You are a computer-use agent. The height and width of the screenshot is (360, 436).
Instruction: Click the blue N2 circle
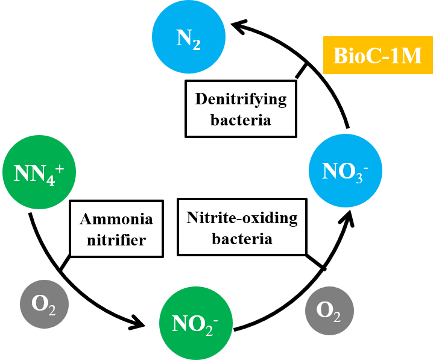[188, 37]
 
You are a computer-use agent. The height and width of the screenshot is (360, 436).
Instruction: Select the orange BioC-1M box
[378, 55]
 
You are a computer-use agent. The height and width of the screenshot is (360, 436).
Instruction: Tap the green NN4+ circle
[39, 172]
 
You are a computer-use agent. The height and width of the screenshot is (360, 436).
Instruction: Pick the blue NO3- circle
[345, 171]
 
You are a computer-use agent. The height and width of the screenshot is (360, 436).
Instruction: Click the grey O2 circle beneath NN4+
[44, 304]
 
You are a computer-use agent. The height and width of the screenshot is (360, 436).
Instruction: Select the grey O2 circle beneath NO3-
[329, 311]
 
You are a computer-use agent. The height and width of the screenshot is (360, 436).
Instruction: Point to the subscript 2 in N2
[197, 45]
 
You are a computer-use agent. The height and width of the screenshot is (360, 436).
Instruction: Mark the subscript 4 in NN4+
[51, 180]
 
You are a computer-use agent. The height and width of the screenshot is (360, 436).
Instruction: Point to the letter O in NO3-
[346, 171]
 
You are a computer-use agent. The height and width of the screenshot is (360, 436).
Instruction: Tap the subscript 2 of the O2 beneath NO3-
[336, 317]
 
